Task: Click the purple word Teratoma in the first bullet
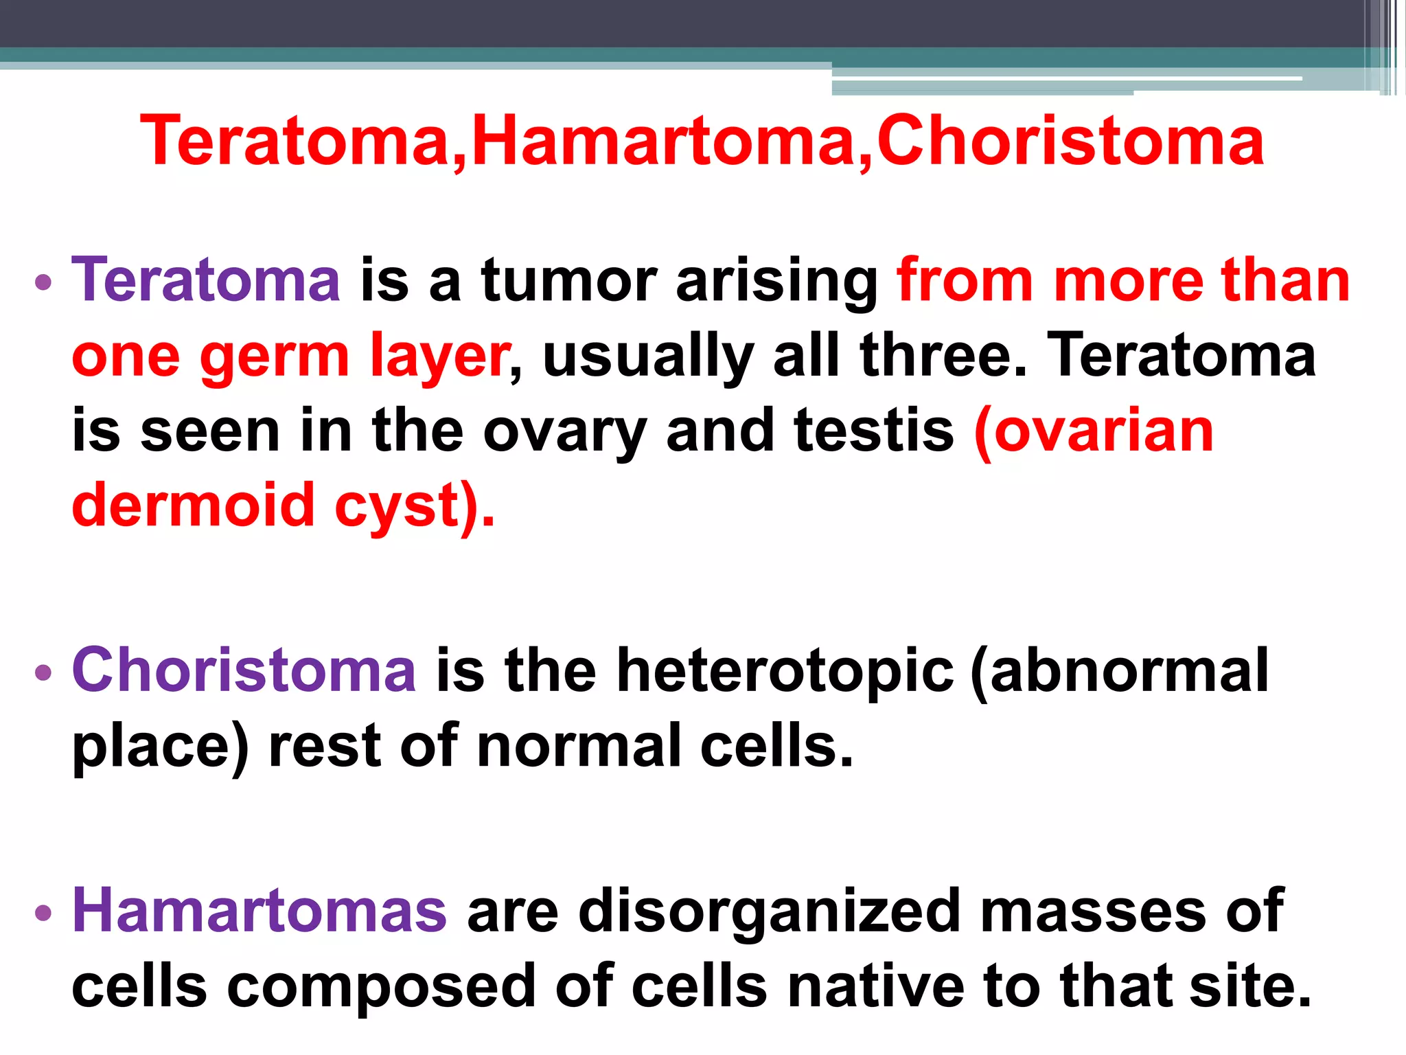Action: (x=206, y=280)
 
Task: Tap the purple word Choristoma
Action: (x=244, y=670)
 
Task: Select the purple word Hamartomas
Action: (x=260, y=911)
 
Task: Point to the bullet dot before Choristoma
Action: (x=43, y=672)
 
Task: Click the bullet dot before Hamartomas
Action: (x=43, y=913)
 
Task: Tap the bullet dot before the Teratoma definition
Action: (x=43, y=282)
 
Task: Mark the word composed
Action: (x=381, y=988)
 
